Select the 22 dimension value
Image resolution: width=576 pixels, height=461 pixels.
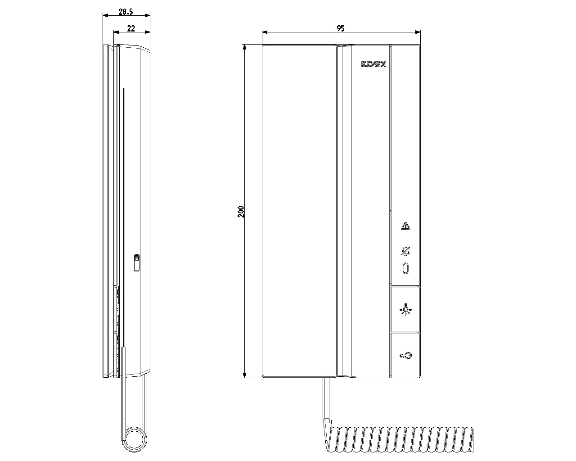pos(131,28)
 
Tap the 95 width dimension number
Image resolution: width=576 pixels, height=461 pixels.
pos(341,28)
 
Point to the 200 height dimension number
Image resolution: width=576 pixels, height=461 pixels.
pos(241,212)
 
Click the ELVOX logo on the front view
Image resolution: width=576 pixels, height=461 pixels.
pos(373,64)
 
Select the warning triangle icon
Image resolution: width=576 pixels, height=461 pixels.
pos(405,226)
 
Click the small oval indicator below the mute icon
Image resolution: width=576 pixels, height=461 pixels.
pos(405,268)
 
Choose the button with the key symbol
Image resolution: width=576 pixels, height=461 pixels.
pos(405,356)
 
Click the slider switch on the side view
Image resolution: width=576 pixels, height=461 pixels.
pos(136,263)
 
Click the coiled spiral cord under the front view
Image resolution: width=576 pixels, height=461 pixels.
pos(400,439)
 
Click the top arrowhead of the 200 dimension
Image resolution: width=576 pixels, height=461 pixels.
pos(245,47)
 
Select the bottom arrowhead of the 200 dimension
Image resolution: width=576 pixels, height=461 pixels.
pos(245,375)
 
